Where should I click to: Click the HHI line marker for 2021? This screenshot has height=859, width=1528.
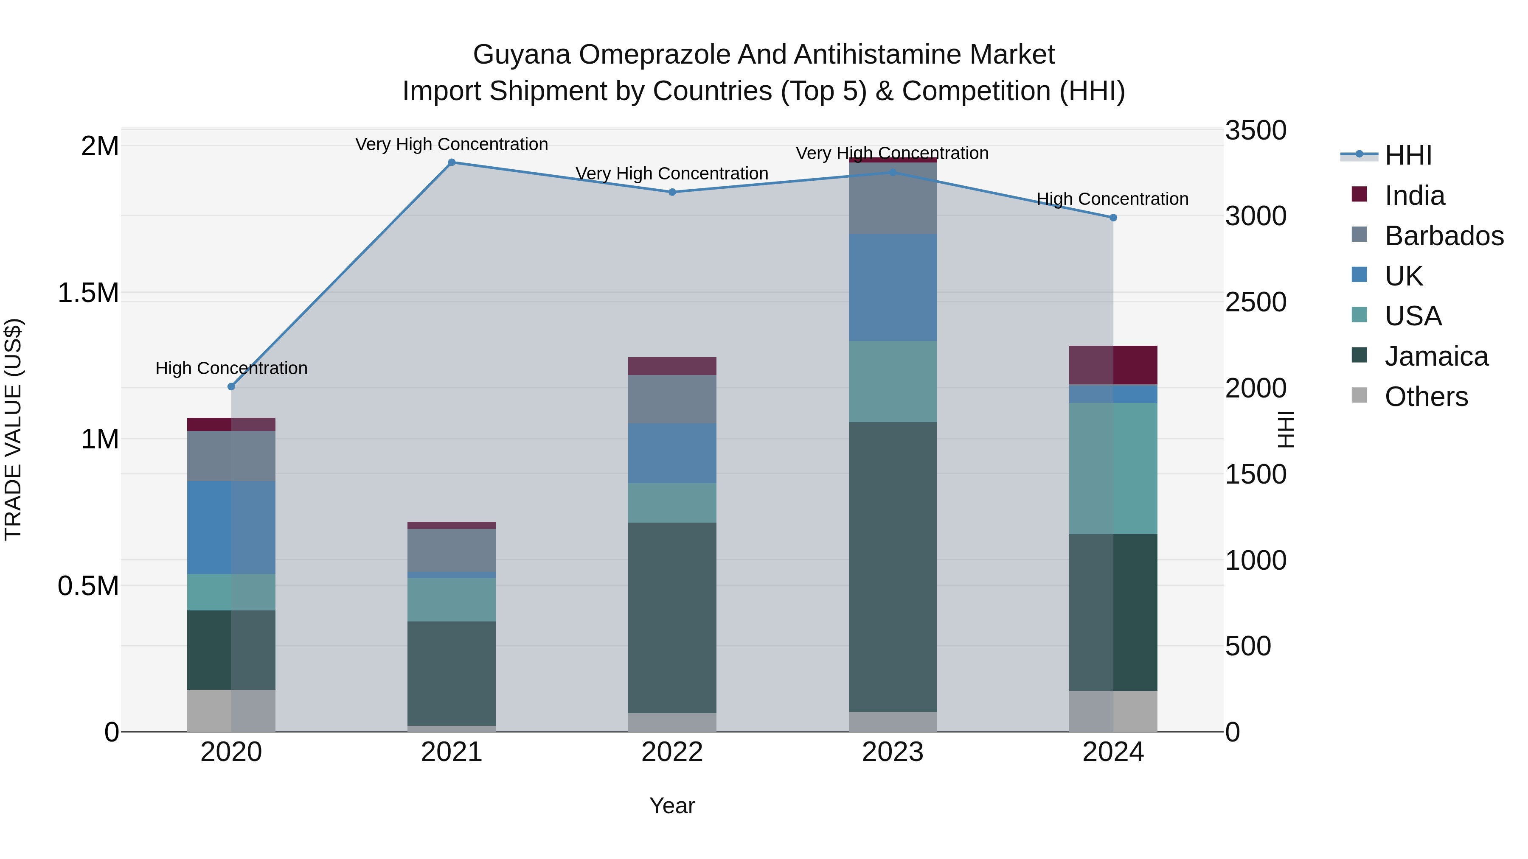452,162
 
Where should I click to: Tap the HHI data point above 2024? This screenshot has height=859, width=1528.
1113,218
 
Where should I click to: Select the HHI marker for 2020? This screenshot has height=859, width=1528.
231,386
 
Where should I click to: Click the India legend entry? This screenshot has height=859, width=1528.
1414,196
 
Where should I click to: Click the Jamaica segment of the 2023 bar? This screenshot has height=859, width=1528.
892,566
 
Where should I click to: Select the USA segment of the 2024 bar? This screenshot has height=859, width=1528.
1113,468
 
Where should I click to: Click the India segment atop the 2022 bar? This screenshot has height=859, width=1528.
672,366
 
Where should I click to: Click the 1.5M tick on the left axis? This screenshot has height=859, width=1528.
88,293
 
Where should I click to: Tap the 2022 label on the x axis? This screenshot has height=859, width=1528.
672,752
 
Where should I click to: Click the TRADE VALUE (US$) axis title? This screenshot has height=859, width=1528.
13,429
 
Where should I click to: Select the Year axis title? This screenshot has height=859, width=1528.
672,806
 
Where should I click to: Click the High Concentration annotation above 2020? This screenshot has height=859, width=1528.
231,368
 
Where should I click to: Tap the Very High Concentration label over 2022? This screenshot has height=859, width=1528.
672,173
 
